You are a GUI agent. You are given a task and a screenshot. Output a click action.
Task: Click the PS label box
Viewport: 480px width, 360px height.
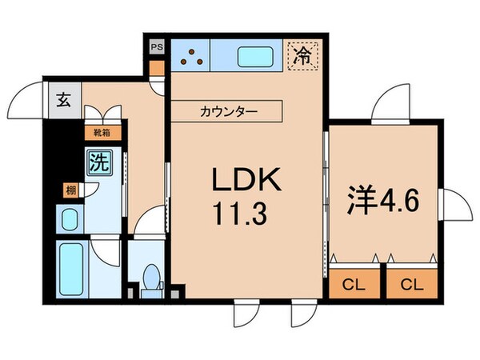[155, 46]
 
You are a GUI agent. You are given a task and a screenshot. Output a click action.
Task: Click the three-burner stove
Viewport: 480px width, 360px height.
[191, 56]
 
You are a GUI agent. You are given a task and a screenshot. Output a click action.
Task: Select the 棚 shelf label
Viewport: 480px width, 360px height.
[70, 190]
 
